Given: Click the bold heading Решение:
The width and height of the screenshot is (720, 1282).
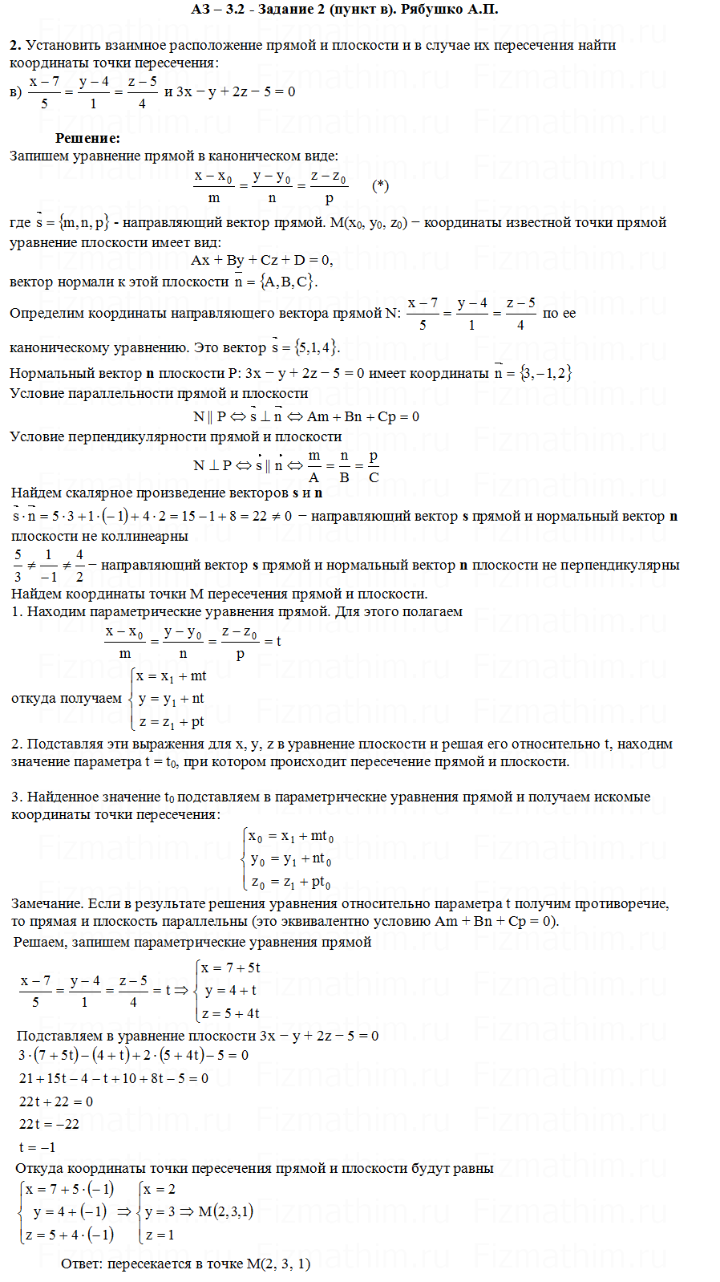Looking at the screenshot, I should click(87, 138).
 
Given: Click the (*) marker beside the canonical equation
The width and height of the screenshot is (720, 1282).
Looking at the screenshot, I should click(381, 186).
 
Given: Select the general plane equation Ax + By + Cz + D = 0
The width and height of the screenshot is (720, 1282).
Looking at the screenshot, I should click(261, 260).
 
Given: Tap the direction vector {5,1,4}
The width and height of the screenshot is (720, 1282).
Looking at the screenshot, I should click(317, 347).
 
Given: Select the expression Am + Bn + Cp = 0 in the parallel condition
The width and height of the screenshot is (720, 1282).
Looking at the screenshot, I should click(363, 416).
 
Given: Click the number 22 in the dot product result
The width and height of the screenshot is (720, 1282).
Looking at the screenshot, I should click(259, 516).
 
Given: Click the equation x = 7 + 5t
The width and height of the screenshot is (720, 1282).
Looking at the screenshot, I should click(231, 968).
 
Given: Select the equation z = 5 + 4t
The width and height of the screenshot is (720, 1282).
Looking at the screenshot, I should click(231, 1013).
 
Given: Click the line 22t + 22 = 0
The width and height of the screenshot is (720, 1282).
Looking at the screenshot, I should click(56, 1101).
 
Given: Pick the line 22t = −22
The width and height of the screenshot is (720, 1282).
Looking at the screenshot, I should click(50, 1124).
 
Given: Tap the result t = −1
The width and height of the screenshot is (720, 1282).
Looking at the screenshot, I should click(38, 1147).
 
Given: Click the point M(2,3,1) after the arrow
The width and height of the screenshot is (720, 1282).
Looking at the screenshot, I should click(225, 1211).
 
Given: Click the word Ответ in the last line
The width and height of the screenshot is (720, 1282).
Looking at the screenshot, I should click(82, 1264).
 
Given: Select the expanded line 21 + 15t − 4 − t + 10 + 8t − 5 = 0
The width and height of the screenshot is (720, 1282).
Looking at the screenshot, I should click(114, 1078).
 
